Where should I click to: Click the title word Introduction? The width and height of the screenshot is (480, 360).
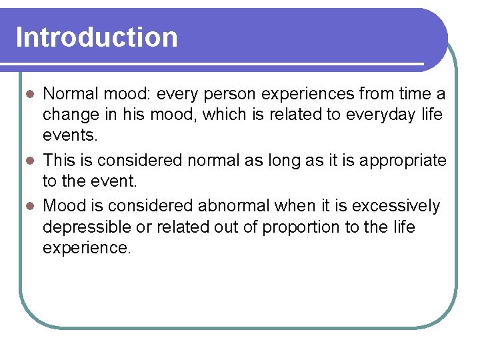point(97,37)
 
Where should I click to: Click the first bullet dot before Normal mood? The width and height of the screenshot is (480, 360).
point(29,95)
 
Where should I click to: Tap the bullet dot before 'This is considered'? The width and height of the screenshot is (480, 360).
point(29,161)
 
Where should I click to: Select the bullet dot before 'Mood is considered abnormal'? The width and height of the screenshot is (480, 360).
point(29,207)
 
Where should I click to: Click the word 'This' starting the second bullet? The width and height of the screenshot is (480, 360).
point(59,161)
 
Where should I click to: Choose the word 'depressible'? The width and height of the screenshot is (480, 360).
point(87,227)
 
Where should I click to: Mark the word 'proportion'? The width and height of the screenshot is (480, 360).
point(301,227)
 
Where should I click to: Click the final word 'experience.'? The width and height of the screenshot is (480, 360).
point(87,249)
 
